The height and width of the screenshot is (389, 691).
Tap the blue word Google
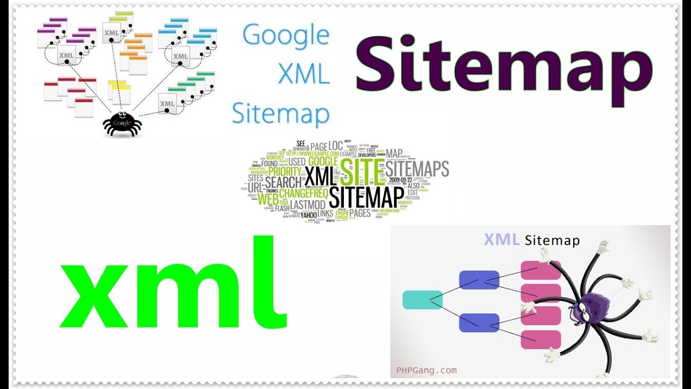286,36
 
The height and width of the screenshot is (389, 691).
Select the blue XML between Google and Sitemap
304,75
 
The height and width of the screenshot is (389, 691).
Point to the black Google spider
122,124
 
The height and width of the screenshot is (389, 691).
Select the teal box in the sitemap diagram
422,300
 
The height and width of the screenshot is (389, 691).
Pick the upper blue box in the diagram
479,280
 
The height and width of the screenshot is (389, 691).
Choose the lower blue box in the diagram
479,323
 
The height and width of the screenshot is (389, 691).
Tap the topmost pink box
540,270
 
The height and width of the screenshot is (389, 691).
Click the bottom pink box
540,339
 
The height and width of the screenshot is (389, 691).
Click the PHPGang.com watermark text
426,370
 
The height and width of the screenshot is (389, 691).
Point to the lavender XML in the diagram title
502,239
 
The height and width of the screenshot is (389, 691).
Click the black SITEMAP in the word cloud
367,197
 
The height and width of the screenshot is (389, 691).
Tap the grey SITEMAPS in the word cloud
417,169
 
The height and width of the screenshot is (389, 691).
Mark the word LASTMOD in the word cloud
308,205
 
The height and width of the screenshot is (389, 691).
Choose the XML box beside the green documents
167,103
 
